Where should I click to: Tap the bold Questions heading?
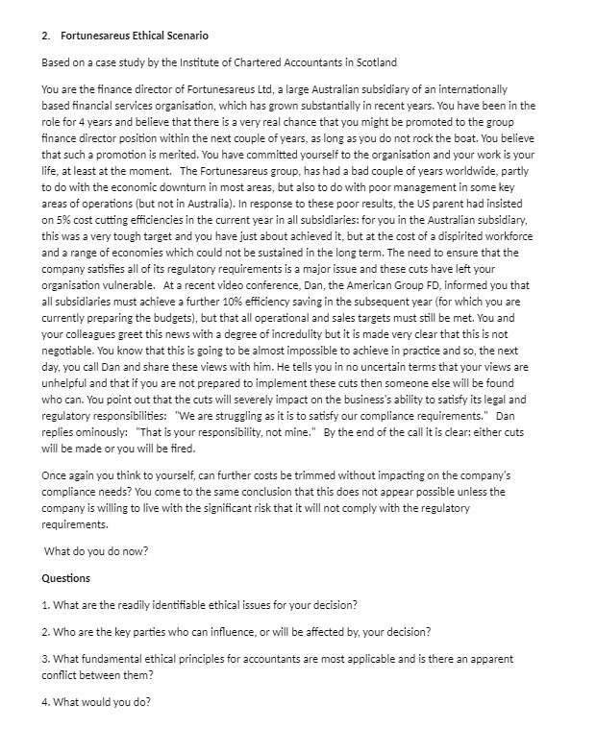click(66, 578)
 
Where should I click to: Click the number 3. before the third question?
click(47, 659)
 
